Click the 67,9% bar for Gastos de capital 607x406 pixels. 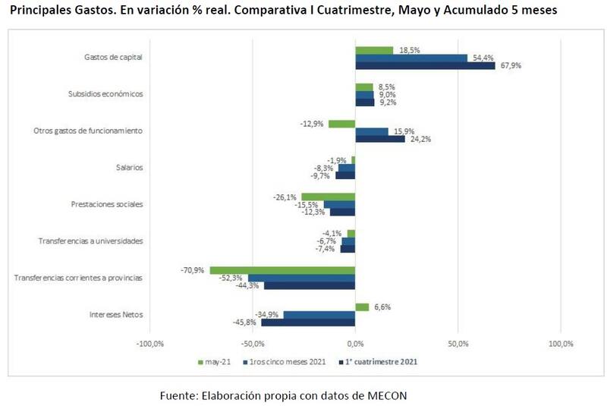425,66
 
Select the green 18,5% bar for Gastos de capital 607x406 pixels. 374,50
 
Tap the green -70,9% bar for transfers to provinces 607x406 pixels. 282,270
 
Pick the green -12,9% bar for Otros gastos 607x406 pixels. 341,123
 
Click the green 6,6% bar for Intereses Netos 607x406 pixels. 362,307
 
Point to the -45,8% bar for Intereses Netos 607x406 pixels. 308,323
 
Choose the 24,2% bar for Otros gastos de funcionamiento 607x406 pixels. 380,139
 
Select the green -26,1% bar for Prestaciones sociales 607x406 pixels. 328,197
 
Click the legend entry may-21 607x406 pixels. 215,362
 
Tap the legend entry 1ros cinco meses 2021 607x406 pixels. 288,362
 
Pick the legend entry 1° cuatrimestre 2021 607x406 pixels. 379,362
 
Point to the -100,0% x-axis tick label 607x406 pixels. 149,345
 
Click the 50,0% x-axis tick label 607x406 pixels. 458,345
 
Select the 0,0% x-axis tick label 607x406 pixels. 355,345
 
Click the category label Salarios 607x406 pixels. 128,168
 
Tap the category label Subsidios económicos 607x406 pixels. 105,94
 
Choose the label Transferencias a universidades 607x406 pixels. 90,241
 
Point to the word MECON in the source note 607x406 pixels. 387,395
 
